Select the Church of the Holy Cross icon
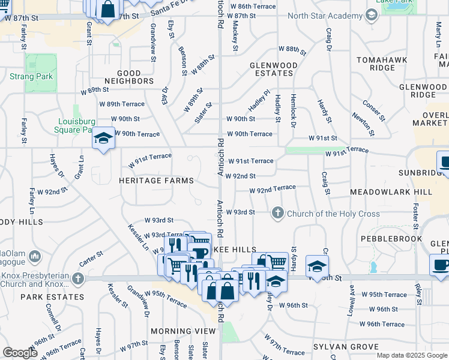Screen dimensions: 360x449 coord(278,213)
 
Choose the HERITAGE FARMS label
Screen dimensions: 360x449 coord(156,181)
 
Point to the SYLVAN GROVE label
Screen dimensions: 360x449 coord(346,347)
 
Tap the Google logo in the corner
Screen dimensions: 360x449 coord(20,353)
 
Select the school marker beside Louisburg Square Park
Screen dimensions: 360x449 coord(103,139)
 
